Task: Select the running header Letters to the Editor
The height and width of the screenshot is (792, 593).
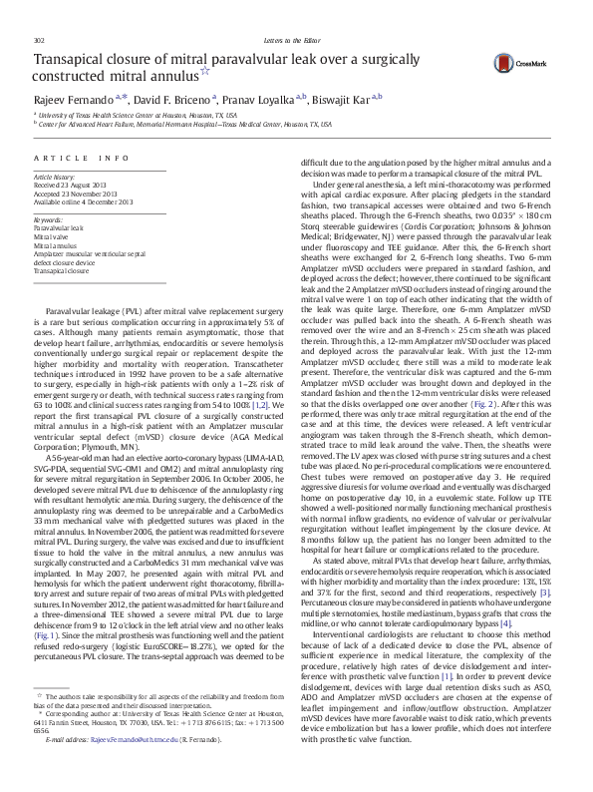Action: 296,12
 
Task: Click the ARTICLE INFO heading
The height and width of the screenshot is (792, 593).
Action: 81,160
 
